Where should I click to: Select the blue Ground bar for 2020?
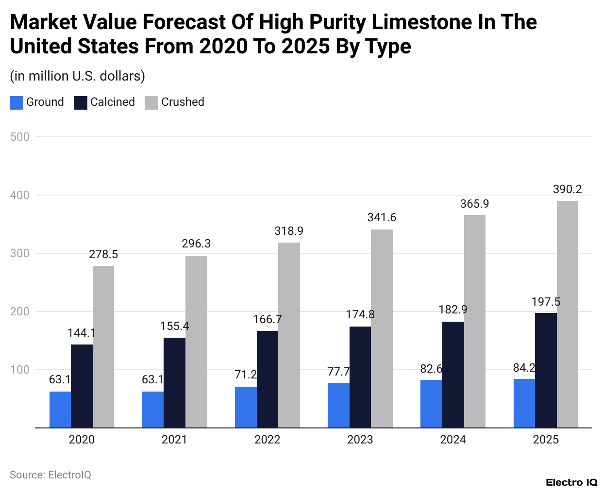[60, 410]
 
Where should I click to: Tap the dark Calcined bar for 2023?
[360, 377]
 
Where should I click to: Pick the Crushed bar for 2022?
[289, 335]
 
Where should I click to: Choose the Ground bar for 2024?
[431, 404]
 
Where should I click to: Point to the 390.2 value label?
[567, 189]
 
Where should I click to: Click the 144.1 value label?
[82, 333]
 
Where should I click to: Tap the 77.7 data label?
[338, 372]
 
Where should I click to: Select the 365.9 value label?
[474, 204]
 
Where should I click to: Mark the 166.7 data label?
[267, 319]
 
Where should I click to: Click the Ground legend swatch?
[17, 102]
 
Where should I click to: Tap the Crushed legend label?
[183, 102]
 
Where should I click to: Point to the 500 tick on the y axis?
[20, 137]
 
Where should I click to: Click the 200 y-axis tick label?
[20, 312]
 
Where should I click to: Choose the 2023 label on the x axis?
[360, 440]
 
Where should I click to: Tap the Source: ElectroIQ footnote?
[50, 475]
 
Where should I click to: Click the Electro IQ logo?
[571, 482]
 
